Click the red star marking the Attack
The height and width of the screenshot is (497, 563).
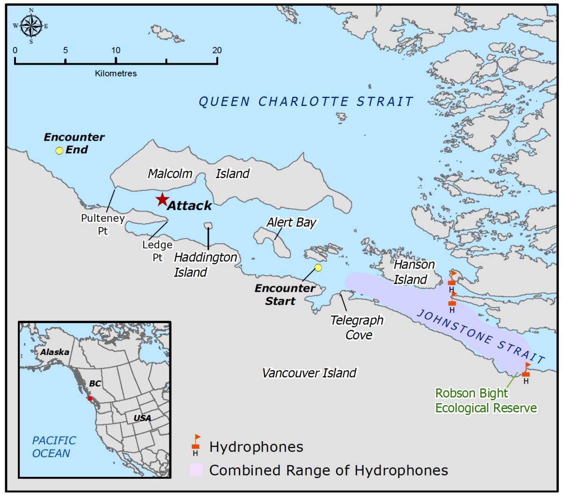click(x=162, y=200)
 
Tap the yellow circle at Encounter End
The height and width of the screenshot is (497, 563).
click(x=59, y=151)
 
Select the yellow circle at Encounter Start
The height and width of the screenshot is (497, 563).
click(x=318, y=268)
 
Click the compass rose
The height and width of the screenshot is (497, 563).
click(x=31, y=25)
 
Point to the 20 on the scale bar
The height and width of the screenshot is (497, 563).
click(x=217, y=50)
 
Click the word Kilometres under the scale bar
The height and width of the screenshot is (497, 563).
click(x=116, y=74)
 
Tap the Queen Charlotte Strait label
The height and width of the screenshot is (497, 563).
click(x=306, y=101)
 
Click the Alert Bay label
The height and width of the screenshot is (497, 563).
click(x=291, y=222)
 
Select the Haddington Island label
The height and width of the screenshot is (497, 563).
click(x=205, y=265)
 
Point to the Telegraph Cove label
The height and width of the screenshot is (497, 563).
click(x=357, y=327)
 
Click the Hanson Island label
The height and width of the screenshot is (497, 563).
click(x=413, y=272)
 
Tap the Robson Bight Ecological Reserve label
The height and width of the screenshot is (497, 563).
click(x=486, y=400)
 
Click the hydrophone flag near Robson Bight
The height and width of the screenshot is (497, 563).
click(x=526, y=370)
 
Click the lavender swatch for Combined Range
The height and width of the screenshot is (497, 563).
click(x=196, y=470)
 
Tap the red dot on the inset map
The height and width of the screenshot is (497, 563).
click(x=90, y=398)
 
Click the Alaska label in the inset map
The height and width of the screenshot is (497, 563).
click(x=54, y=352)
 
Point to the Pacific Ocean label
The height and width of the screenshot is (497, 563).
click(x=53, y=447)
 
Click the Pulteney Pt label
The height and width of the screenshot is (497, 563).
click(x=103, y=224)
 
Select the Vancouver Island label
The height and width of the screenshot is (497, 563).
click(x=309, y=373)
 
